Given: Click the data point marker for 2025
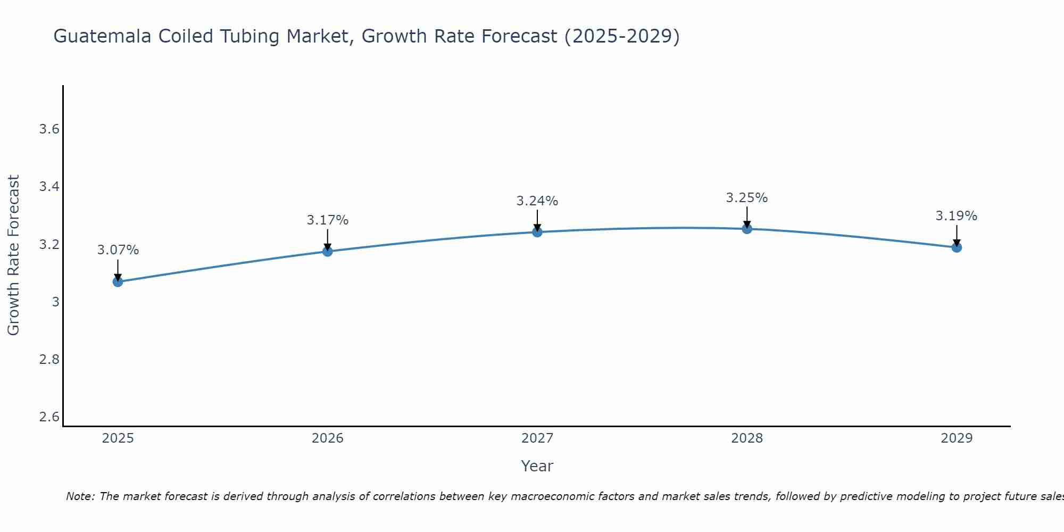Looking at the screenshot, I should pos(118,282).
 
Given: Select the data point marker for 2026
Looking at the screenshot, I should pos(327,251).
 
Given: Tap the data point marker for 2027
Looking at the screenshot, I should pos(537,232).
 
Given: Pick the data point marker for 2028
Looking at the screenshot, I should pos(747,229).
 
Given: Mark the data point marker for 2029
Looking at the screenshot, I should pos(957,247).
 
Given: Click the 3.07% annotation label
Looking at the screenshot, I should pos(118,250).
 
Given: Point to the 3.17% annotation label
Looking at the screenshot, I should pos(327,220).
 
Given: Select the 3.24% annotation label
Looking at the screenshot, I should pos(537,201).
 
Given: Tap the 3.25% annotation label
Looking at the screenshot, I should pos(747,198).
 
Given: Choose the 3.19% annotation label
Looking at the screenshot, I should pos(957,216).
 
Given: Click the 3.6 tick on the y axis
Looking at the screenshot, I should pos(49,129).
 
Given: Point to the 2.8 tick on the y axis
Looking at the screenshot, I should pos(49,360).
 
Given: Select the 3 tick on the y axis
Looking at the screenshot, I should pos(55,302).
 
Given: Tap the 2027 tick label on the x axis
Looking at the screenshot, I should pos(537,438).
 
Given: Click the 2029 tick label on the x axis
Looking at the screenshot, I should pos(957,438).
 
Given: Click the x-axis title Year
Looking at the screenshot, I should pos(537,466).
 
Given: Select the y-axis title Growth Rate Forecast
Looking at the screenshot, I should pos(13,255).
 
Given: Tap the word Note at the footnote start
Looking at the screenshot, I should pos(80,496).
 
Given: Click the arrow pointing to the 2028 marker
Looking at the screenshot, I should pos(747,217).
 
